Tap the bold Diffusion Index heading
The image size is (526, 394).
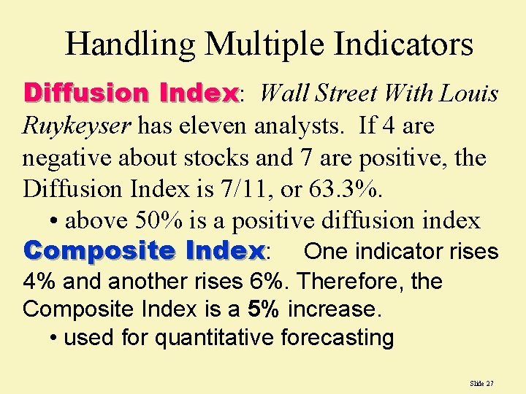tap(131, 93)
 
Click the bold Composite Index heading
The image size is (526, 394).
tap(144, 251)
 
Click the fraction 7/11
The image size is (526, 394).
tap(237, 188)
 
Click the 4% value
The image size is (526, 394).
tap(38, 282)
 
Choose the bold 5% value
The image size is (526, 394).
tap(263, 309)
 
